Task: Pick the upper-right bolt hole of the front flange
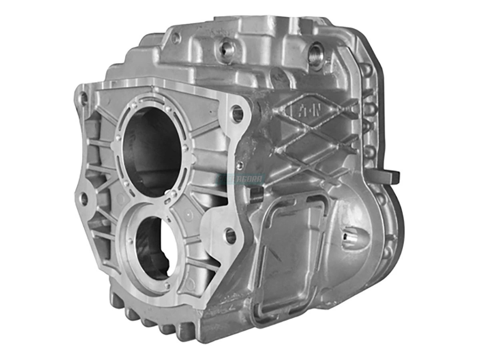coord(238,113)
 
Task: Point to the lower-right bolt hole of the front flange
coord(231,236)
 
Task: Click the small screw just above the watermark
coord(239,165)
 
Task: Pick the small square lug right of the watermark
coord(256,194)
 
